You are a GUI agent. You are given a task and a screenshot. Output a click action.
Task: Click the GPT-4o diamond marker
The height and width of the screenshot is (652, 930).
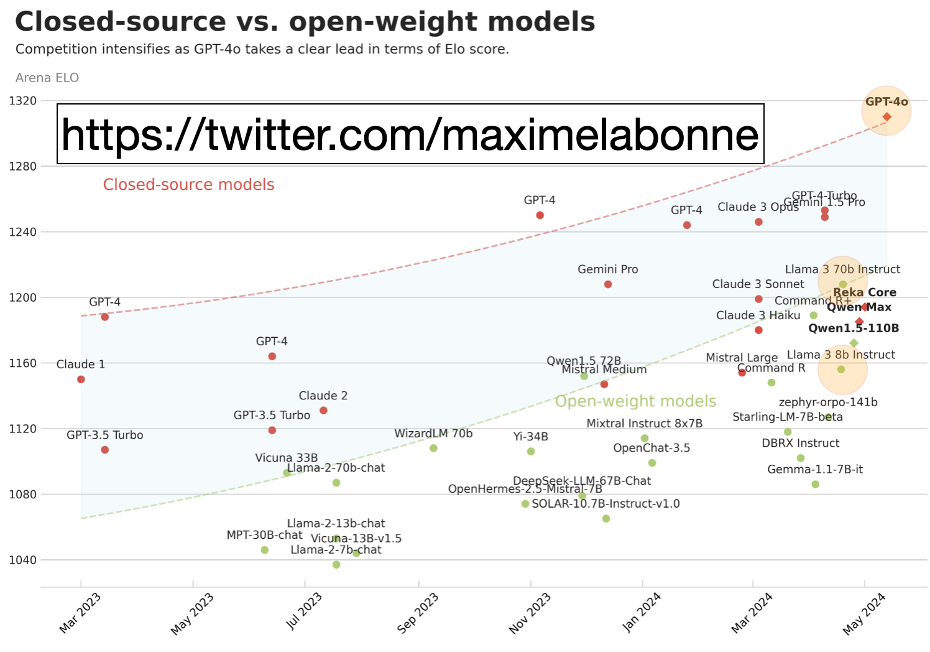[x=886, y=117]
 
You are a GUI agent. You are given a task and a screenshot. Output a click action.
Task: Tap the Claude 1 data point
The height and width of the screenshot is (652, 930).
[x=81, y=380]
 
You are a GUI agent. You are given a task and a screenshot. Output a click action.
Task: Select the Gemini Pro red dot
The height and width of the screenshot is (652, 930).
[x=608, y=284]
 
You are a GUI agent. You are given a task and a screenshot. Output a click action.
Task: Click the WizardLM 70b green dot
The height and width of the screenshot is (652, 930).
[x=433, y=448]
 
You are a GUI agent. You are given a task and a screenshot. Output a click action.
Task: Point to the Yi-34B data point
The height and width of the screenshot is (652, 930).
[x=531, y=451]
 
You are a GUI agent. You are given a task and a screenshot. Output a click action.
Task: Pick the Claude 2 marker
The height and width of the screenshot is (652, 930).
[x=323, y=411]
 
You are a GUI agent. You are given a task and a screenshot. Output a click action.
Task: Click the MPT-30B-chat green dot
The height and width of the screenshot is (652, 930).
[x=265, y=550]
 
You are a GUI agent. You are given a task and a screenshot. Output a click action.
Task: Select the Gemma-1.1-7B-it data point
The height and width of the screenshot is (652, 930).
[x=816, y=484]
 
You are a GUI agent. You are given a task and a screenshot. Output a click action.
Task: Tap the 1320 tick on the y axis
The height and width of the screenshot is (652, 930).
[x=23, y=100]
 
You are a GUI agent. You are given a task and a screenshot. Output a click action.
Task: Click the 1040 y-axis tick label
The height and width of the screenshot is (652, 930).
[x=23, y=560]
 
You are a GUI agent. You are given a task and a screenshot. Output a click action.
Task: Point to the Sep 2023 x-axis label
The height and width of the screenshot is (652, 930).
[x=418, y=613]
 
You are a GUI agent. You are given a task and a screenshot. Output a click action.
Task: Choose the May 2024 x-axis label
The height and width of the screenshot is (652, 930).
[x=863, y=613]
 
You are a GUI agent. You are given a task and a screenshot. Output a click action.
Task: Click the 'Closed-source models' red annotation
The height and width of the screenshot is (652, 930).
[x=188, y=185]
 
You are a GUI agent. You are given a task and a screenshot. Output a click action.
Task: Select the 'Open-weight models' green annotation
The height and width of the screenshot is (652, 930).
[x=635, y=401]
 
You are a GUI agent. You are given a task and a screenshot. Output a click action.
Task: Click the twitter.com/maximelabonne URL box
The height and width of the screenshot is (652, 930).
[x=410, y=134]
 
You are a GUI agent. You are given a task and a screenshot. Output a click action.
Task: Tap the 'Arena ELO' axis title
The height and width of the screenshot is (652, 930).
[x=47, y=78]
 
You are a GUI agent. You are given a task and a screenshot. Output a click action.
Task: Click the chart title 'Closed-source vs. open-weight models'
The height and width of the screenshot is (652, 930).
[x=305, y=22]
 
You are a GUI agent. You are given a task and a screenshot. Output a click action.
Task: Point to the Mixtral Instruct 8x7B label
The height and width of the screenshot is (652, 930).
[x=645, y=424]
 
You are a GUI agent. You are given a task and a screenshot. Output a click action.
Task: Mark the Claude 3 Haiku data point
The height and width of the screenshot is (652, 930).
[x=758, y=330]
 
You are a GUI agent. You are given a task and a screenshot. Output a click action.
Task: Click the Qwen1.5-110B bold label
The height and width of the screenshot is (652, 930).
[x=854, y=328]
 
